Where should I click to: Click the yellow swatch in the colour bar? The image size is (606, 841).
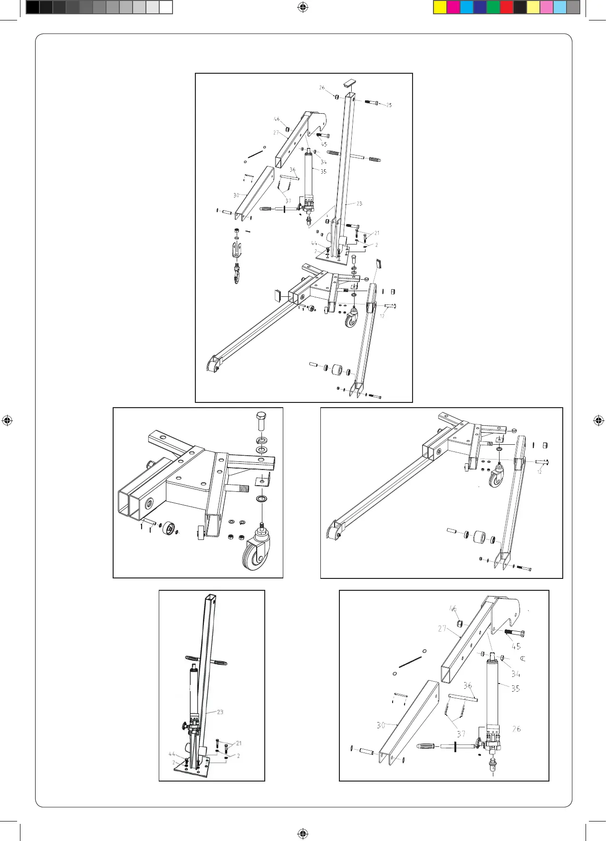pyautogui.click(x=440, y=7)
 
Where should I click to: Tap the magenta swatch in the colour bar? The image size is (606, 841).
pyautogui.click(x=453, y=7)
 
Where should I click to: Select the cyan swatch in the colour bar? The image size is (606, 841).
pyautogui.click(x=466, y=7)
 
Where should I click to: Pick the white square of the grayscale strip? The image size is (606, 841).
pyautogui.click(x=165, y=7)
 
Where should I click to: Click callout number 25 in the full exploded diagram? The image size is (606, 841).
pyautogui.click(x=389, y=105)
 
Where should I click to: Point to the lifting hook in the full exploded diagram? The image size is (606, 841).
pyautogui.click(x=236, y=275)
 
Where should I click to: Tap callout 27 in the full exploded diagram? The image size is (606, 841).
pyautogui.click(x=276, y=133)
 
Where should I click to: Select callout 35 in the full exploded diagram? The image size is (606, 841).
pyautogui.click(x=323, y=171)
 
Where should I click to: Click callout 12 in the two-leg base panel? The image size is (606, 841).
pyautogui.click(x=539, y=472)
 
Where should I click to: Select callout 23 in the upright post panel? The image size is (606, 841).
pyautogui.click(x=220, y=712)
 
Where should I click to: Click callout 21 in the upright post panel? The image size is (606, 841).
pyautogui.click(x=239, y=743)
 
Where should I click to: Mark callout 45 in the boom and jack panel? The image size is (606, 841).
pyautogui.click(x=516, y=646)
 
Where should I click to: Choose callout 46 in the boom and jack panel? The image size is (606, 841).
pyautogui.click(x=453, y=608)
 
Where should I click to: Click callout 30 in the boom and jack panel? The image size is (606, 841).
pyautogui.click(x=381, y=725)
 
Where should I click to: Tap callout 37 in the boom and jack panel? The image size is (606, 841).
pyautogui.click(x=461, y=734)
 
